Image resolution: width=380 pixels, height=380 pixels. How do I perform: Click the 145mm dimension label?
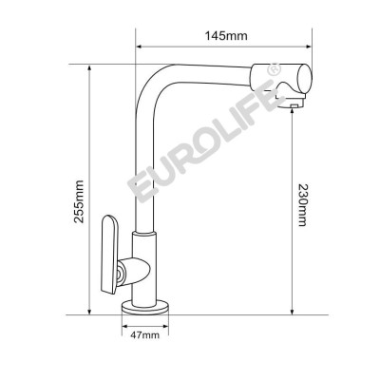coord(225,36)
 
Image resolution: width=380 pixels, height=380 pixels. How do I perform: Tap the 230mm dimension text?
coord(302,203)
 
